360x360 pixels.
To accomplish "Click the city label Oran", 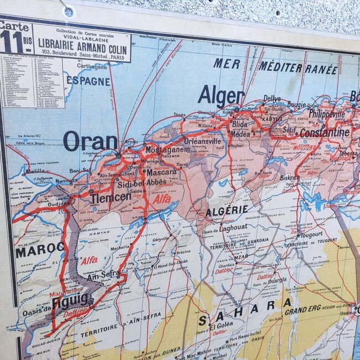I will click(x=90, y=141).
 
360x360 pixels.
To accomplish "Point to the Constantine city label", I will click(x=325, y=133).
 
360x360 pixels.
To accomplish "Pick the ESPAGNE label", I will click(x=88, y=80).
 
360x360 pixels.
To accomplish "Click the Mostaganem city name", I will click(x=167, y=150).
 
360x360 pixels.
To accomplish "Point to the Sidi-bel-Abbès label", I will click(x=142, y=183).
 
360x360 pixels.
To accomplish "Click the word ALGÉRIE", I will click(x=227, y=210).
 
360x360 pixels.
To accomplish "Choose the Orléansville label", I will click(x=202, y=141).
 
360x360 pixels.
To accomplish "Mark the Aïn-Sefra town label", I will click(x=104, y=275).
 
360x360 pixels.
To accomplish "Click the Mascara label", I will click(x=161, y=172).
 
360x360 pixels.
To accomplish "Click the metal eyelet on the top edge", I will click(x=68, y=11).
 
